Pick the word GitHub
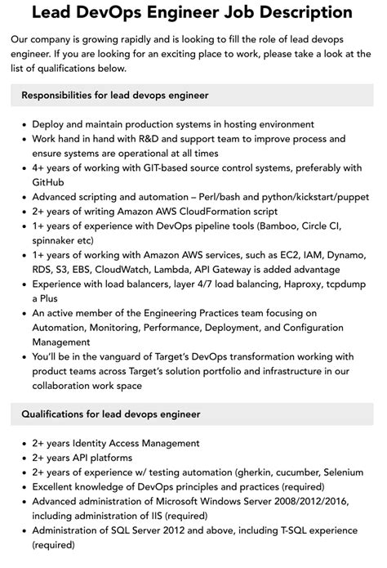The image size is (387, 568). point(53,182)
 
